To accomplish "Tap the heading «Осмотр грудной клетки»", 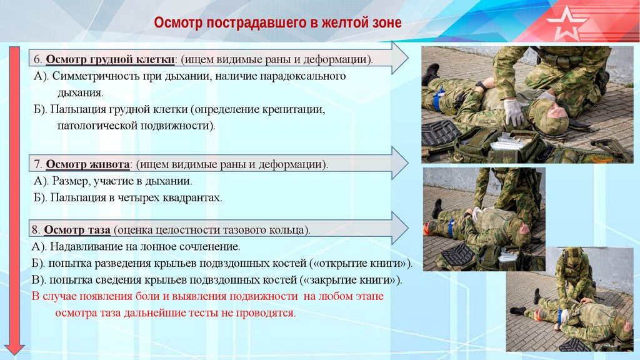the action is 110,59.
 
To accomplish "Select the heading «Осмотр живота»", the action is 87,164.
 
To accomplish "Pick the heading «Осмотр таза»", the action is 77,230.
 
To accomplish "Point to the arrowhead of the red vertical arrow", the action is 15,349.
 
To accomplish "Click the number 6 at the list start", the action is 37,59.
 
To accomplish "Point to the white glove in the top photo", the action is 514,111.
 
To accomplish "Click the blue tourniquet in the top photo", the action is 437,98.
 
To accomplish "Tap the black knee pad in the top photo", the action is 441,133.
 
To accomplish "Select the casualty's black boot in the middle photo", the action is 437,209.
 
